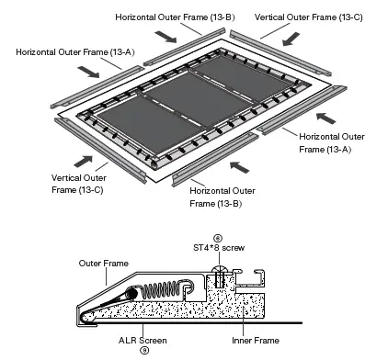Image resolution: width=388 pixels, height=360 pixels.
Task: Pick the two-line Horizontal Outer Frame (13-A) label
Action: coord(324,141)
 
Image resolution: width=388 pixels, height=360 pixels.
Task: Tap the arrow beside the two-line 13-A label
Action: coord(325,117)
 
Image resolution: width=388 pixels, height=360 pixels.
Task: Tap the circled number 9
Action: coord(143,350)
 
